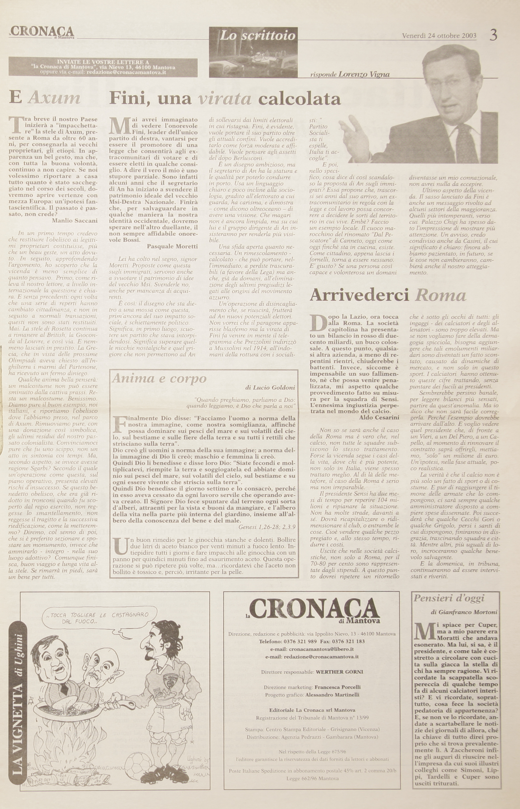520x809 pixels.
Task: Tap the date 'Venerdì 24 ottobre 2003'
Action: point(439,35)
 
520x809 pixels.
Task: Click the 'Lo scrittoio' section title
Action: point(257,35)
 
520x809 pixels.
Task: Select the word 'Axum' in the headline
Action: point(54,98)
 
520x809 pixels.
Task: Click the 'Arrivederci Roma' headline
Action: point(388,295)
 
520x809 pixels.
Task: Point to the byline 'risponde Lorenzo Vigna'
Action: point(350,75)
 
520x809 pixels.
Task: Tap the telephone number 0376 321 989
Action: point(288,641)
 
